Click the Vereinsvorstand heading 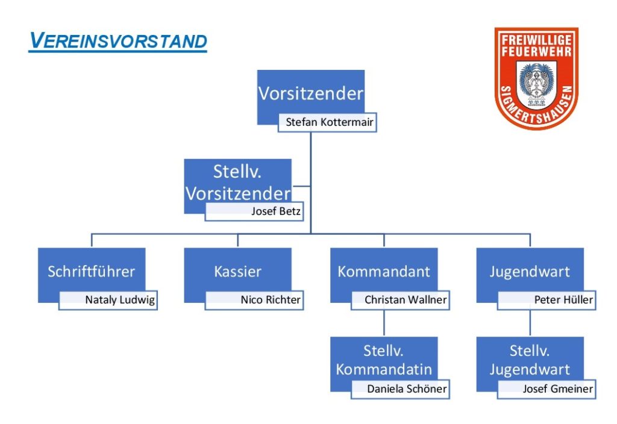(118, 41)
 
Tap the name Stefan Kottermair (330, 122)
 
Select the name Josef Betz (276, 211)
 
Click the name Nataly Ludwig (120, 300)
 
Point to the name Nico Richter (271, 300)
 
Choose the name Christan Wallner (406, 300)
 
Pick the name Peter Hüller (563, 300)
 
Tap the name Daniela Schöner (407, 389)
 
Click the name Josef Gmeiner (557, 389)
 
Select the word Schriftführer (92, 272)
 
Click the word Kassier (237, 272)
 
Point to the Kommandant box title (384, 272)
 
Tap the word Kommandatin (384, 369)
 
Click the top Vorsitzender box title (311, 93)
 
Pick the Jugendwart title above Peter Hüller (530, 272)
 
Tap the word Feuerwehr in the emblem (536, 51)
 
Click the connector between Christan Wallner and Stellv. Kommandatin (384, 323)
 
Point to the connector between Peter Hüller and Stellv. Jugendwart (530, 323)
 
